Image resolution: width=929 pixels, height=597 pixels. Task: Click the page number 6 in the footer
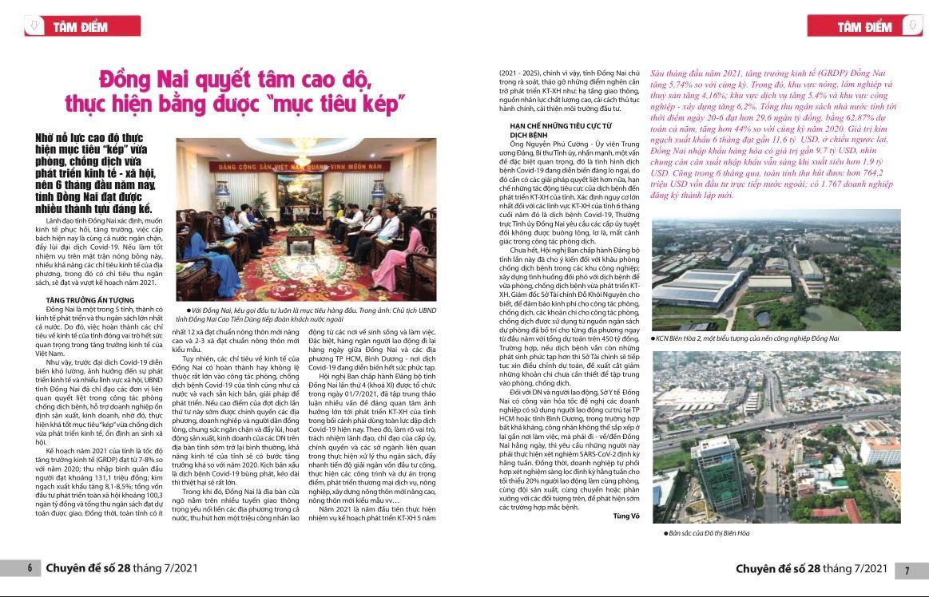30,568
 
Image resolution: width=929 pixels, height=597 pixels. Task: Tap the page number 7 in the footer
907,570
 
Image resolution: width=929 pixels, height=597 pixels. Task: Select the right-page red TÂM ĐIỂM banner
864,26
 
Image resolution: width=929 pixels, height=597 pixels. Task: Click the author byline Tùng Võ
625,516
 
